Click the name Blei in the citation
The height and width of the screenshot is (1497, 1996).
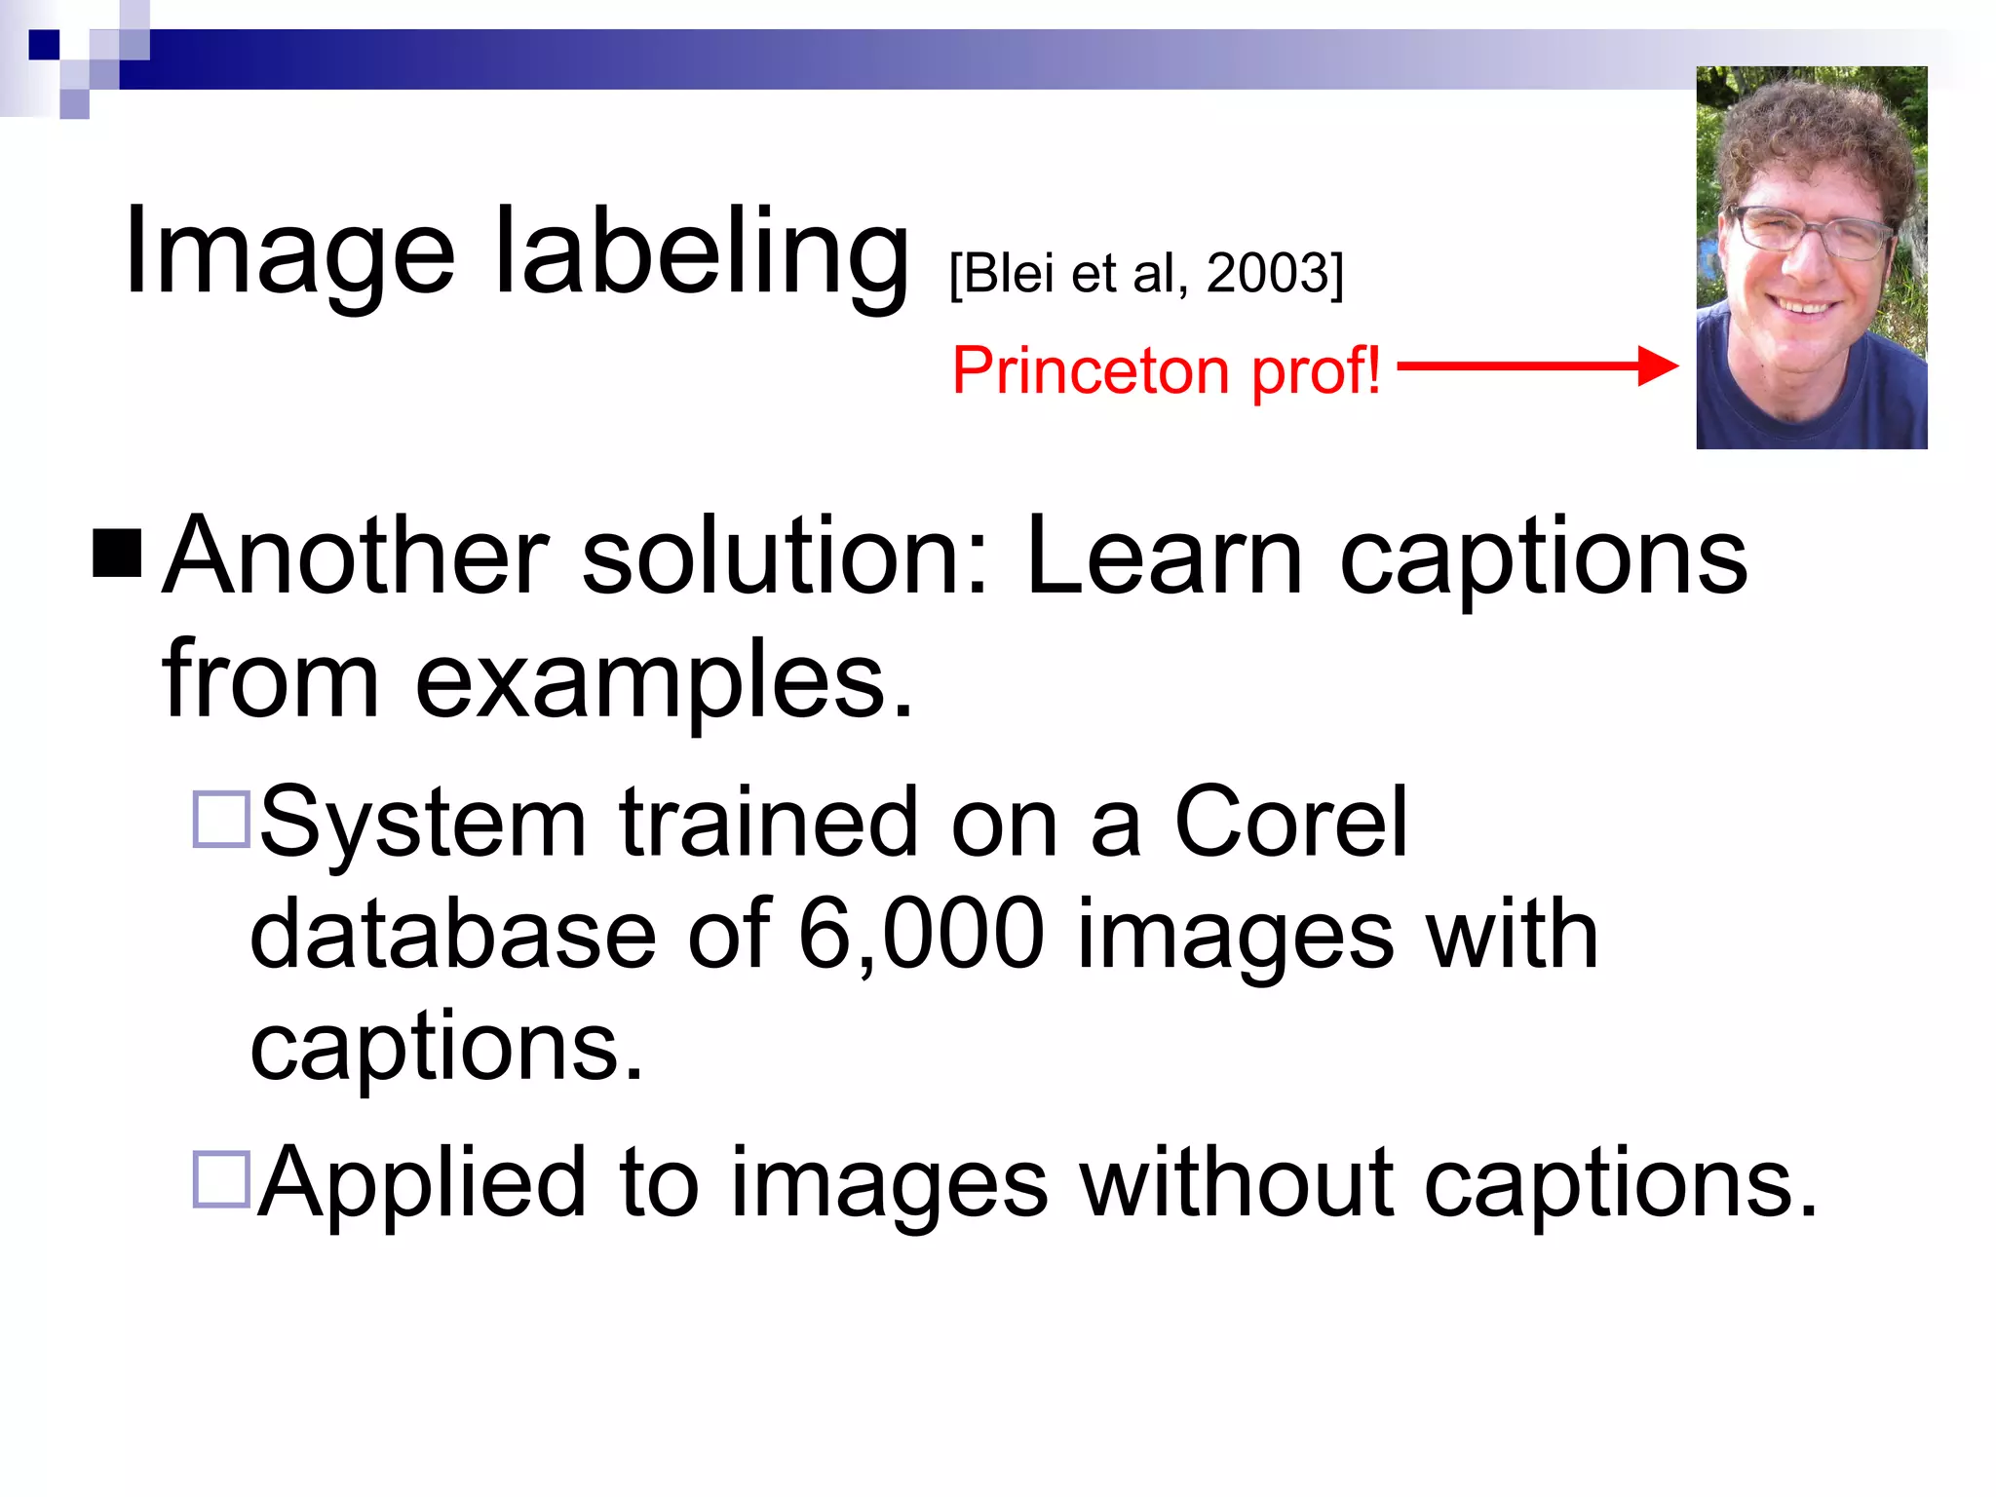(x=1011, y=273)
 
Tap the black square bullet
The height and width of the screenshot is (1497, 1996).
(x=117, y=554)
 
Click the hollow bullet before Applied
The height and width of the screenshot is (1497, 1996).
(x=222, y=1179)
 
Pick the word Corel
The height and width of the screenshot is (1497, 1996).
(x=1290, y=823)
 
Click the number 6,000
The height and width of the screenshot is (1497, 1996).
(x=921, y=934)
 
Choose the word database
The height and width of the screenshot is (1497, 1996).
(x=453, y=934)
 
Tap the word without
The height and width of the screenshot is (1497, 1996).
(x=1237, y=1182)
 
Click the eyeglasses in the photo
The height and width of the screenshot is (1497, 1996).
(x=1809, y=232)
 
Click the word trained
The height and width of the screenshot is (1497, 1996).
(x=769, y=823)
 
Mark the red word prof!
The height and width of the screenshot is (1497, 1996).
(x=1316, y=372)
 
